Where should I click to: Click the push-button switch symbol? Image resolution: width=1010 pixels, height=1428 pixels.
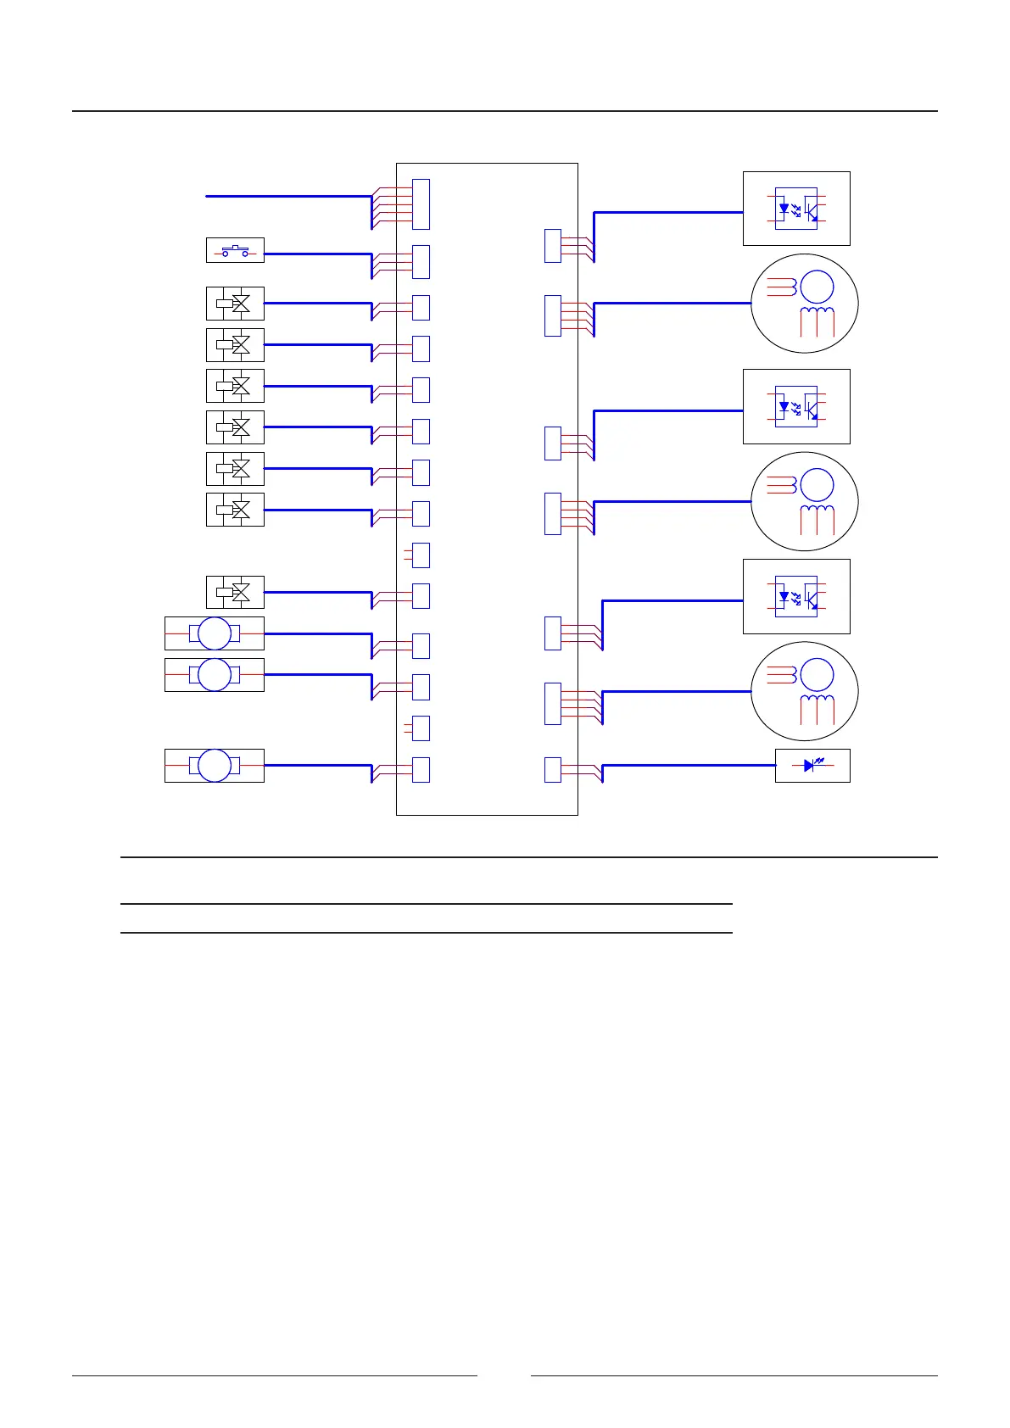(235, 251)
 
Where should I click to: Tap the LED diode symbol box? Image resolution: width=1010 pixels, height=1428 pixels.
(812, 766)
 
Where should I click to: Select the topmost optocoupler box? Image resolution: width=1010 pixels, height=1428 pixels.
(796, 209)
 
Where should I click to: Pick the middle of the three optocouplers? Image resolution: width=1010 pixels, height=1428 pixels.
(796, 406)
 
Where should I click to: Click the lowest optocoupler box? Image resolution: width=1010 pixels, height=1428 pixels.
(796, 596)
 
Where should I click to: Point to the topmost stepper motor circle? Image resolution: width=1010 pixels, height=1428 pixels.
(805, 303)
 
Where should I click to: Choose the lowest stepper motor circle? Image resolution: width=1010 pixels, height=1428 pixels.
(805, 691)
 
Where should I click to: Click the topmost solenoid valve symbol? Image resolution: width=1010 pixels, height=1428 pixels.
(235, 304)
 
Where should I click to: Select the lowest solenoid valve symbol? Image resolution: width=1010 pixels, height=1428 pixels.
(235, 592)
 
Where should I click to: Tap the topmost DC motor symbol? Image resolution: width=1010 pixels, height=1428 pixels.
(215, 633)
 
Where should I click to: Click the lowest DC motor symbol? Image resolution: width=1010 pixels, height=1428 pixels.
(215, 766)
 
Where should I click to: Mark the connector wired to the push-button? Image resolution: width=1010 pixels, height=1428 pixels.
(421, 262)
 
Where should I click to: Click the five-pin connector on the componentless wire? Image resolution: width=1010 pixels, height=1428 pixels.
(421, 204)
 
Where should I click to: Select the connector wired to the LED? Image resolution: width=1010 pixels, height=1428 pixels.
(552, 769)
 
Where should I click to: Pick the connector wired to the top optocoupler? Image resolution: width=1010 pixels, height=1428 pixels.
(552, 245)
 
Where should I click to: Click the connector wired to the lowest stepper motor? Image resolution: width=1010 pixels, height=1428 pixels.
(552, 704)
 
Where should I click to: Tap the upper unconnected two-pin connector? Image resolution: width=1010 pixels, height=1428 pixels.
(421, 555)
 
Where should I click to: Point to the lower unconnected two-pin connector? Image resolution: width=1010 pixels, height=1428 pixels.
(421, 728)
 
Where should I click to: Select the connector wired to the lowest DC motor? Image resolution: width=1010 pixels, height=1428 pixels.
(421, 769)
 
